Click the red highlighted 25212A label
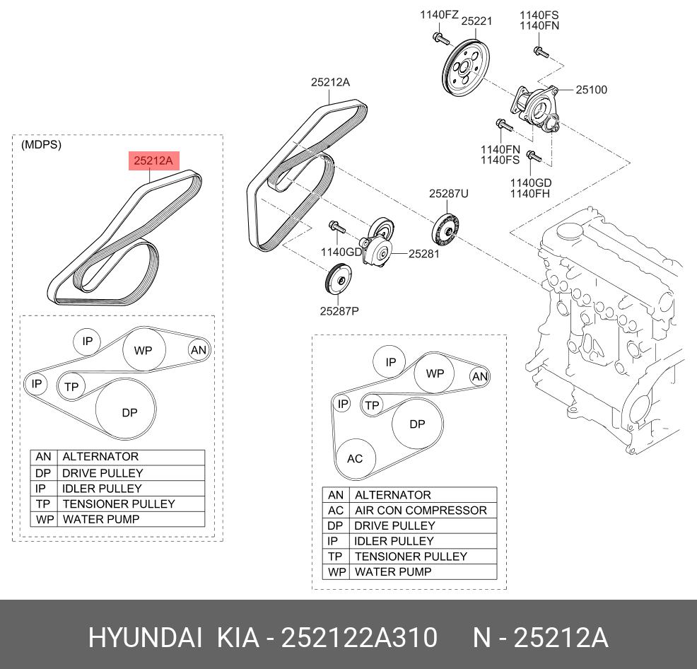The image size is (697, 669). pos(150,161)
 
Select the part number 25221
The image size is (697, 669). pos(476,21)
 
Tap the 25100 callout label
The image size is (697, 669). pos(591,90)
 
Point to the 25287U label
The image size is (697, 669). pos(448,193)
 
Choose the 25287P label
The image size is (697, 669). pos(339,310)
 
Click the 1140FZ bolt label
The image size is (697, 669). pos(439,14)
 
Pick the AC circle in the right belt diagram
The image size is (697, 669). pos(355,458)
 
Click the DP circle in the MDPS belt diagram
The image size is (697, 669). pos(129,412)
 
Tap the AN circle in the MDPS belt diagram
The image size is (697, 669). pos(199,349)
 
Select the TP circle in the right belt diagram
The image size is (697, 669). pos(372,405)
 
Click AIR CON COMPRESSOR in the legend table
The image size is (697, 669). pos(421,510)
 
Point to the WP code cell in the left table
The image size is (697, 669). pos(43,519)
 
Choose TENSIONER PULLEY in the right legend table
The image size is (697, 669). pos(411,557)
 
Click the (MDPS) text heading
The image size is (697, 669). pos(41,145)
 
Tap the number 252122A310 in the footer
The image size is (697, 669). pos(359,638)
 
